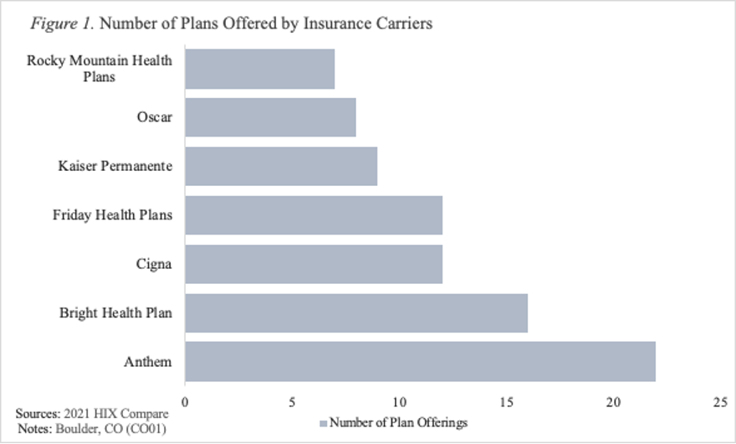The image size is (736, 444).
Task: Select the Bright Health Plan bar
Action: (356, 312)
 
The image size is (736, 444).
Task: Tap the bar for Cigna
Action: (314, 264)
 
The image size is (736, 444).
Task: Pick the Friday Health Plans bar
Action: (314, 215)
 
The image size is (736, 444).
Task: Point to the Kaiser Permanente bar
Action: (281, 166)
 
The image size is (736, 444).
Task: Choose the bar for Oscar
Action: (270, 117)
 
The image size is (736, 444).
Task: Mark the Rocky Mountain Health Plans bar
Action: (259, 69)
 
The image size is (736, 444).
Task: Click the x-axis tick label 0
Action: (185, 402)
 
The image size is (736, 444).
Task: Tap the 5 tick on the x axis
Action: (292, 402)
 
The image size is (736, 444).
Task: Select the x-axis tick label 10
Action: (399, 402)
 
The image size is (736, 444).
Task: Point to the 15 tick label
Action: (507, 402)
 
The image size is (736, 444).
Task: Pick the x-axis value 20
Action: (614, 402)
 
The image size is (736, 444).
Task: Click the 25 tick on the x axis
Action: (721, 402)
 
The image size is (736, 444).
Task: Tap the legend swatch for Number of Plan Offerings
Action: (324, 423)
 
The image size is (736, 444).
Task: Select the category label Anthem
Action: (150, 362)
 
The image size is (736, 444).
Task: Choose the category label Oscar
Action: (156, 117)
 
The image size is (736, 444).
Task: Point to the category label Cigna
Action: (154, 264)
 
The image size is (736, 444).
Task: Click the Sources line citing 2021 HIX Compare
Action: (92, 414)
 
